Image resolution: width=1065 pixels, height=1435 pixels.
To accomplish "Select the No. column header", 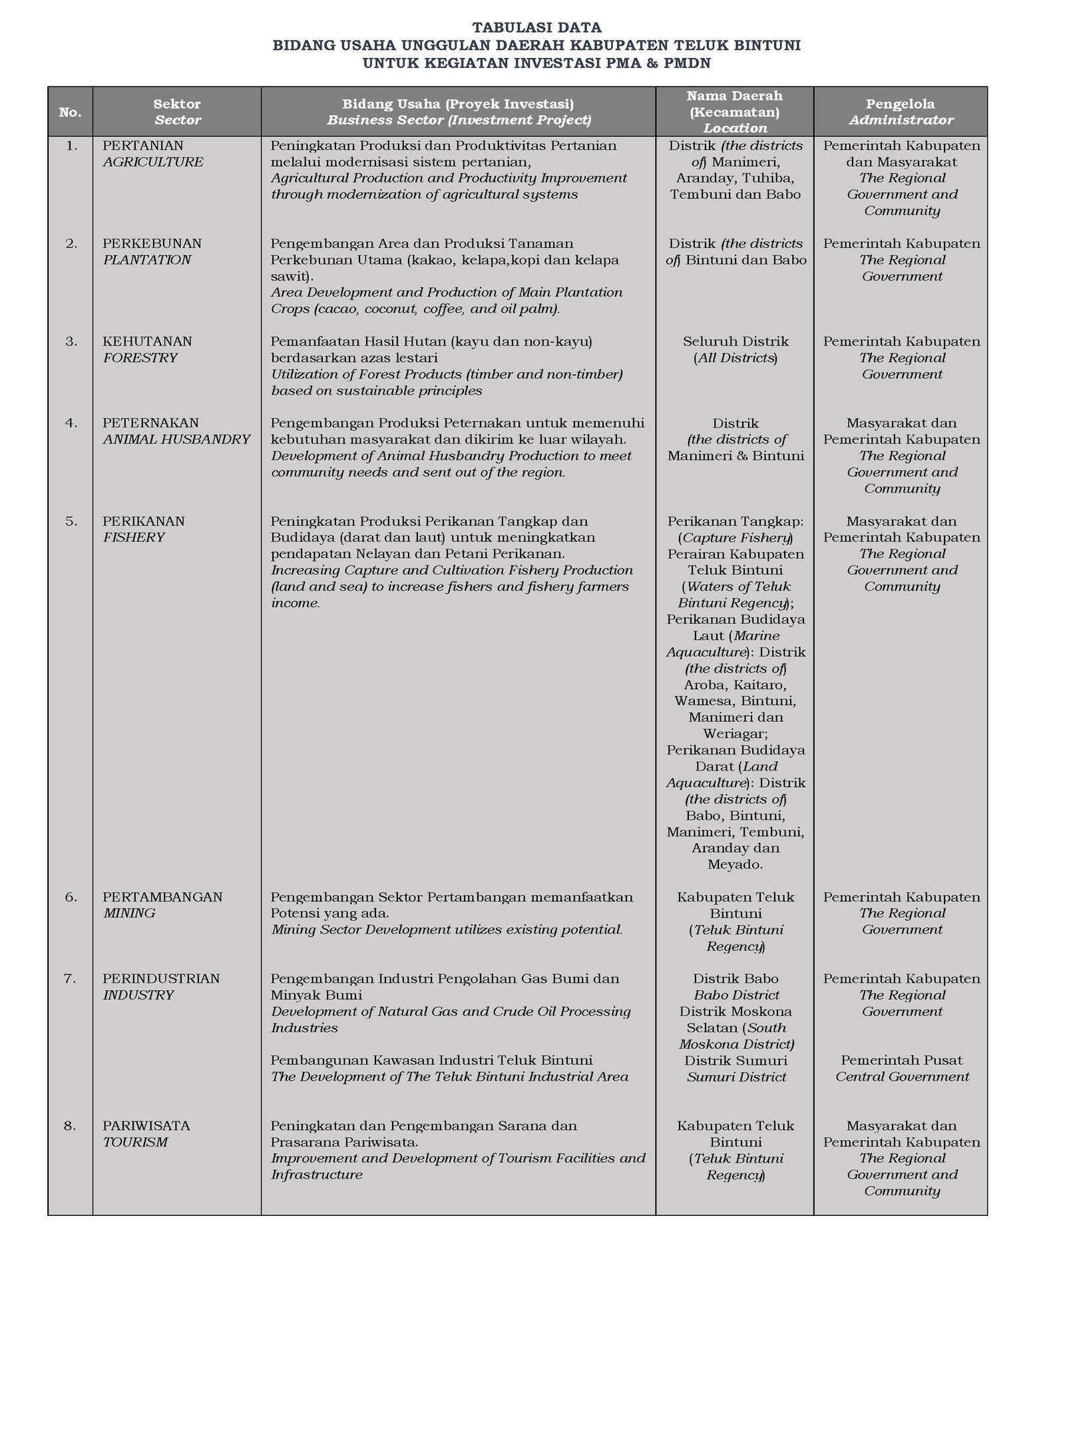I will click(70, 113).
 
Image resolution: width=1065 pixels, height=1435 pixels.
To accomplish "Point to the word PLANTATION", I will click(146, 260).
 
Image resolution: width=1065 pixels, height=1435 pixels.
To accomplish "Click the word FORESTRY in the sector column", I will click(140, 358).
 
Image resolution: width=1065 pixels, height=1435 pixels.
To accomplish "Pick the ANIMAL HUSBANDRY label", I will click(176, 439).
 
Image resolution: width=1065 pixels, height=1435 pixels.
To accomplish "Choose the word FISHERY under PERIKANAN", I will click(133, 537).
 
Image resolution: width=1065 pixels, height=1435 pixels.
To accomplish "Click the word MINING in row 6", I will click(129, 913).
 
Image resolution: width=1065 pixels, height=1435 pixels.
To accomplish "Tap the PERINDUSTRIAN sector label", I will click(160, 978).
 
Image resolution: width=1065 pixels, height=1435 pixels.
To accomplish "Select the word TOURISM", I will click(135, 1142).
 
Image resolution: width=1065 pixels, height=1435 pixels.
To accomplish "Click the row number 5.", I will click(71, 521).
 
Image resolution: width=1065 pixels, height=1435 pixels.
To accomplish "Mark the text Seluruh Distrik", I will click(736, 342).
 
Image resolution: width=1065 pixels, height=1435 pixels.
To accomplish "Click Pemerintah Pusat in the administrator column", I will click(901, 1060).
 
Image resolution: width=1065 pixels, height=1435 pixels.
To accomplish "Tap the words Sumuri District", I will click(736, 1077).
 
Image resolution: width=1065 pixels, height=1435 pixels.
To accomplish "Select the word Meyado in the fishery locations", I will click(734, 865).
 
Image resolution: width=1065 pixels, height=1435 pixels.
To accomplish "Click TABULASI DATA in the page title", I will click(536, 27).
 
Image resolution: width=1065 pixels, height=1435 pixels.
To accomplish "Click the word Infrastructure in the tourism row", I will click(316, 1175).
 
